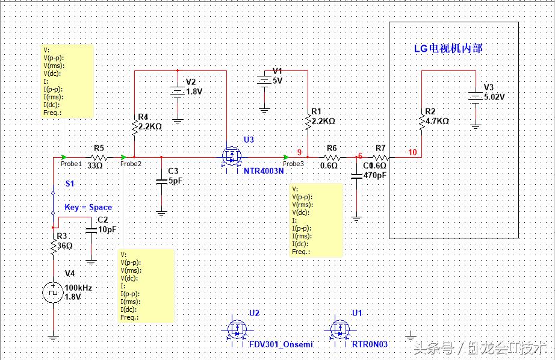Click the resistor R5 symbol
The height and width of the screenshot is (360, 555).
point(98,158)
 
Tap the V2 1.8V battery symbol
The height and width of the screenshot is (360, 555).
point(178,92)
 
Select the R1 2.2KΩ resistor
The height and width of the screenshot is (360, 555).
point(308,122)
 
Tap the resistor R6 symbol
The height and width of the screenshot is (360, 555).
point(332,158)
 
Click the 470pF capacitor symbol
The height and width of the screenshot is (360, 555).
point(356,176)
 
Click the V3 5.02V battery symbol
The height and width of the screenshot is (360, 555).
point(476,96)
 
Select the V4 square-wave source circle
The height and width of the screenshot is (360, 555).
point(53,293)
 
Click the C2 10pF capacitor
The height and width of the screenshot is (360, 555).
point(91,229)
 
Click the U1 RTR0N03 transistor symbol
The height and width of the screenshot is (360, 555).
point(341,329)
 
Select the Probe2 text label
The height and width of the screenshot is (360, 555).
point(131,164)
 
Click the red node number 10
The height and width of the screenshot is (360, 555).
point(412,152)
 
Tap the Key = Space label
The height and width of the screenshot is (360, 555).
point(88,207)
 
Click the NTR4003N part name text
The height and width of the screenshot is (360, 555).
point(264,171)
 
